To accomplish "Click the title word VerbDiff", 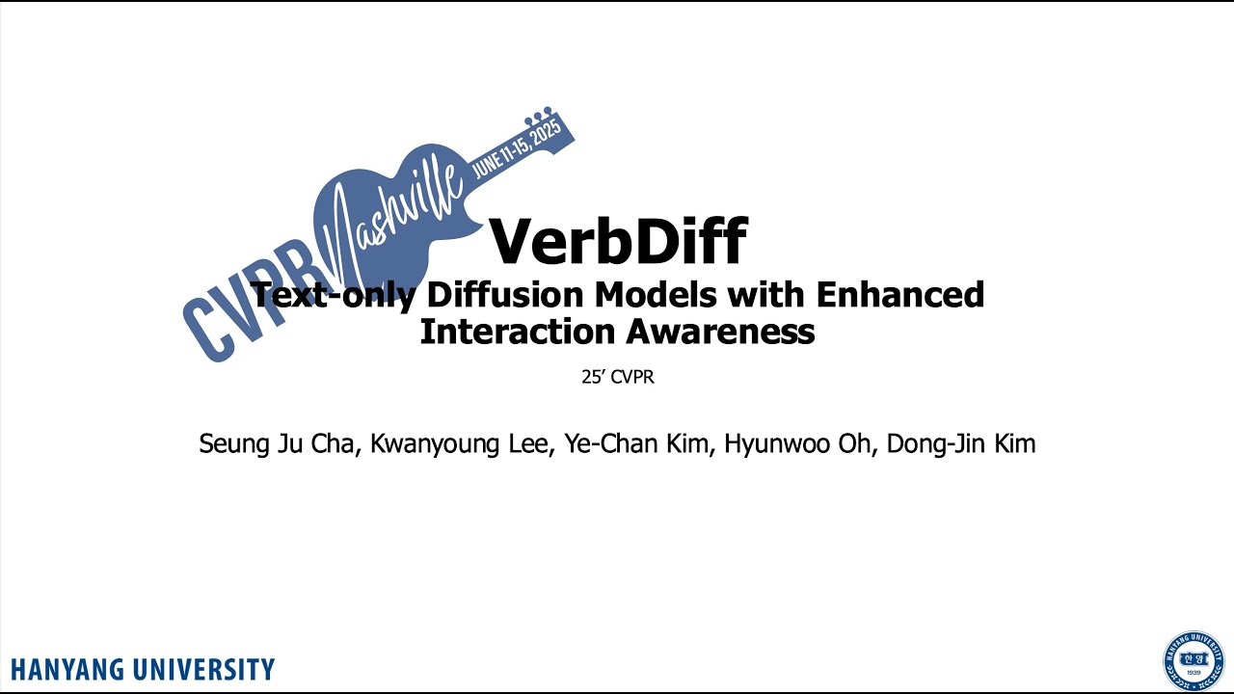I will click(x=618, y=241).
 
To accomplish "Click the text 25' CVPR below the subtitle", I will click(x=617, y=377).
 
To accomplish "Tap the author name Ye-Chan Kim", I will click(x=636, y=444).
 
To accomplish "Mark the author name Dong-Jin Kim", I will click(x=963, y=444).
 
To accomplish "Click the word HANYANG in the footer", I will click(x=72, y=669).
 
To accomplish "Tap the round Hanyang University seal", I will click(x=1193, y=660).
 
